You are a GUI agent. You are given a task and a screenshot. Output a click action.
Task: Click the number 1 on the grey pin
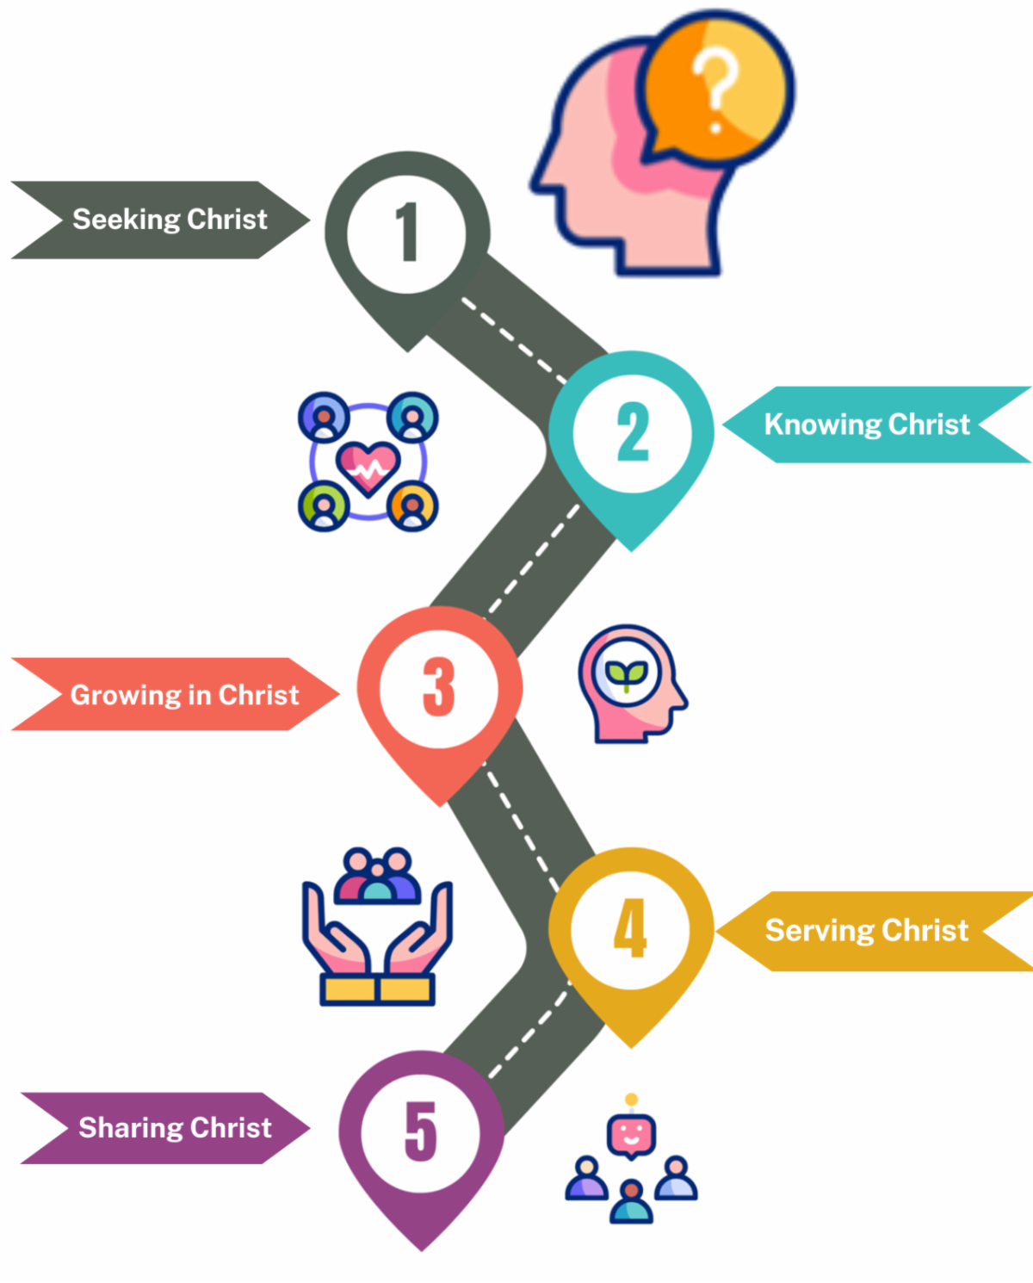pyautogui.click(x=407, y=232)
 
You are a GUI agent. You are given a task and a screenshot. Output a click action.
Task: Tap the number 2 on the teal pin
pyautogui.click(x=633, y=431)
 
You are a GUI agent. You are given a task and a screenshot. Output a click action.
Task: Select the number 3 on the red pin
pyautogui.click(x=439, y=687)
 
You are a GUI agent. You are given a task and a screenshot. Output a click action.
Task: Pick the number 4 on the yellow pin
pyautogui.click(x=631, y=927)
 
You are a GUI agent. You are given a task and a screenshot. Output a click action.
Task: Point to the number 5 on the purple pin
pyautogui.click(x=421, y=1131)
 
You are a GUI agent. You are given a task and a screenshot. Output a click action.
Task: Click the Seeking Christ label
pyautogui.click(x=170, y=220)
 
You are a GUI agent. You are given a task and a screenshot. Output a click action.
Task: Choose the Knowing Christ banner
pyautogui.click(x=867, y=425)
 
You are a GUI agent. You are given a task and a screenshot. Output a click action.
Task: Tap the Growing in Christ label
pyautogui.click(x=184, y=695)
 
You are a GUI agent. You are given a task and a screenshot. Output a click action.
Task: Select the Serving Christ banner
pyautogui.click(x=867, y=931)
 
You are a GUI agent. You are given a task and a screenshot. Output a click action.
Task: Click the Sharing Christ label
pyautogui.click(x=175, y=1128)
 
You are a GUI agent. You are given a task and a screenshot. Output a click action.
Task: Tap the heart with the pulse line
pyautogui.click(x=368, y=468)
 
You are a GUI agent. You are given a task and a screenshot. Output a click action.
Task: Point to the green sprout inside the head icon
pyautogui.click(x=627, y=674)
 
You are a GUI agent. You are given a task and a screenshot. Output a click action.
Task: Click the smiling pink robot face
pyautogui.click(x=632, y=1135)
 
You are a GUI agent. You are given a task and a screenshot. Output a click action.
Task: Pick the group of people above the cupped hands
pyautogui.click(x=377, y=876)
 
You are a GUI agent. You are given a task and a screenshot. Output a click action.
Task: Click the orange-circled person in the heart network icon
pyautogui.click(x=413, y=506)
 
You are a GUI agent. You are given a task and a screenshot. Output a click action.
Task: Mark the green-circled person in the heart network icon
pyautogui.click(x=324, y=506)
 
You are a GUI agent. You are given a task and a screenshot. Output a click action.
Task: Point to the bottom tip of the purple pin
pyautogui.click(x=422, y=1248)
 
